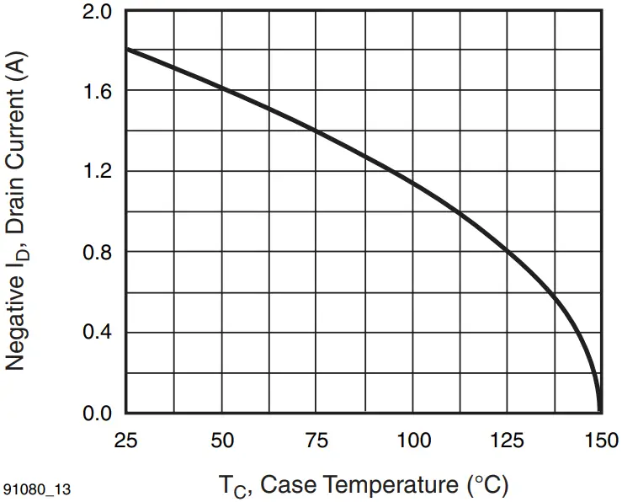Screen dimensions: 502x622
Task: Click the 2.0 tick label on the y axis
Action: (x=100, y=12)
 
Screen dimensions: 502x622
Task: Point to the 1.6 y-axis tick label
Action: (x=100, y=91)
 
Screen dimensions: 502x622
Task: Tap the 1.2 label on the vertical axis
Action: (x=100, y=172)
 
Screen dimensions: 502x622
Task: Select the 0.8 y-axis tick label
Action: (x=100, y=253)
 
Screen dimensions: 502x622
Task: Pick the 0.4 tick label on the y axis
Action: (x=100, y=333)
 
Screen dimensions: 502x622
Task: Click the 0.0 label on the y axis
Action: (x=100, y=414)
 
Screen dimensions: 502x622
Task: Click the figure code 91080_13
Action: (x=35, y=489)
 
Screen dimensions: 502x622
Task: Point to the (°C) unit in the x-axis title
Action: (x=486, y=486)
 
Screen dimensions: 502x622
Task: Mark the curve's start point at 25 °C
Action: (x=126, y=49)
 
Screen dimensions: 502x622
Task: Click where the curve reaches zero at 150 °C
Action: (x=599, y=411)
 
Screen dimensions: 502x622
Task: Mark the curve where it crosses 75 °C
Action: (x=316, y=131)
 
